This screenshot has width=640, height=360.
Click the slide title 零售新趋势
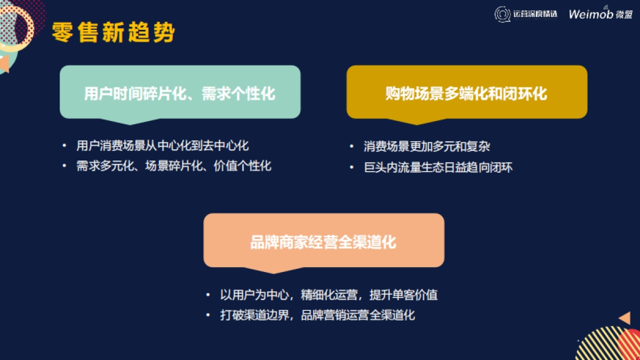[x=114, y=33]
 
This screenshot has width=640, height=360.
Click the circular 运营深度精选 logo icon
[x=502, y=14]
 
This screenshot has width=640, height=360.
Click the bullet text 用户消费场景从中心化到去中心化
[x=163, y=146]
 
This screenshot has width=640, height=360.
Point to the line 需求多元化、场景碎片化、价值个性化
[x=174, y=166]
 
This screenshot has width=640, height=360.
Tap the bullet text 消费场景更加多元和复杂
[x=427, y=146]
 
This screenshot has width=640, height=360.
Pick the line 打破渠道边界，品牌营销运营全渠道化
[x=318, y=315]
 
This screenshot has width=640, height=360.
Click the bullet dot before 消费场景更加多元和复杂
[x=351, y=146]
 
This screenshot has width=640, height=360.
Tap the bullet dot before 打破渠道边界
[x=208, y=315]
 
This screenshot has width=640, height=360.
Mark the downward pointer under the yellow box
[x=417, y=122]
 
